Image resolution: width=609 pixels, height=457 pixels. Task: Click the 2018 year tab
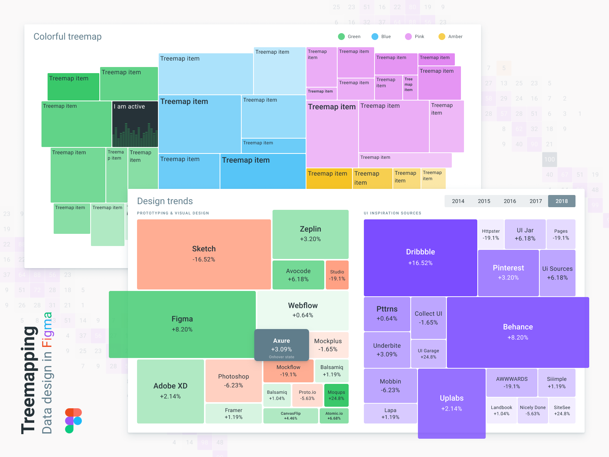tap(561, 201)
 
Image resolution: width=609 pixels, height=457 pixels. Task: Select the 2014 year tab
tap(458, 201)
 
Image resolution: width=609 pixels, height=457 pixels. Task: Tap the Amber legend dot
tap(442, 37)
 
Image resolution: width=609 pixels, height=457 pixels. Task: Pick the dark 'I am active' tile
tap(135, 124)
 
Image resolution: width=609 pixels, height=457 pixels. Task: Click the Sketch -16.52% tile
tap(204, 254)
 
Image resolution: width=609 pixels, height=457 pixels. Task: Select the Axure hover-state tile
tap(281, 345)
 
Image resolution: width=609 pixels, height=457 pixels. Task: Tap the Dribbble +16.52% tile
tap(420, 257)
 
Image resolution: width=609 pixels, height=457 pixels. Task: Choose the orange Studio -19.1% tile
tap(337, 275)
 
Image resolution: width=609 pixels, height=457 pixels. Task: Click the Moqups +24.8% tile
tap(336, 395)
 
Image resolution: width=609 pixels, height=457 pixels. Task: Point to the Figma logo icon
tap(73, 420)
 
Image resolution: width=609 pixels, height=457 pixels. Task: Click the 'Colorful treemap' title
tap(67, 37)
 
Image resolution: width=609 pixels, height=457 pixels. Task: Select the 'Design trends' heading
tap(165, 201)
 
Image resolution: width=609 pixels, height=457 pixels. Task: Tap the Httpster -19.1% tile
tap(491, 234)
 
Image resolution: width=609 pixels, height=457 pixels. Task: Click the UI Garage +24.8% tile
tap(428, 353)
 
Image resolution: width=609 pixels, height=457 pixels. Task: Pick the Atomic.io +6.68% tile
tap(334, 415)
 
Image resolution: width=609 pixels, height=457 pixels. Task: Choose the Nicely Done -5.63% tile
tap(532, 410)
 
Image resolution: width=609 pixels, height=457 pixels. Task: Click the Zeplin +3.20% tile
tap(310, 234)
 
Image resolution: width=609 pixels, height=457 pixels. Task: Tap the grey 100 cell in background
tap(549, 160)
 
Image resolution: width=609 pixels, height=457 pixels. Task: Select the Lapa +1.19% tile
tap(390, 413)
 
